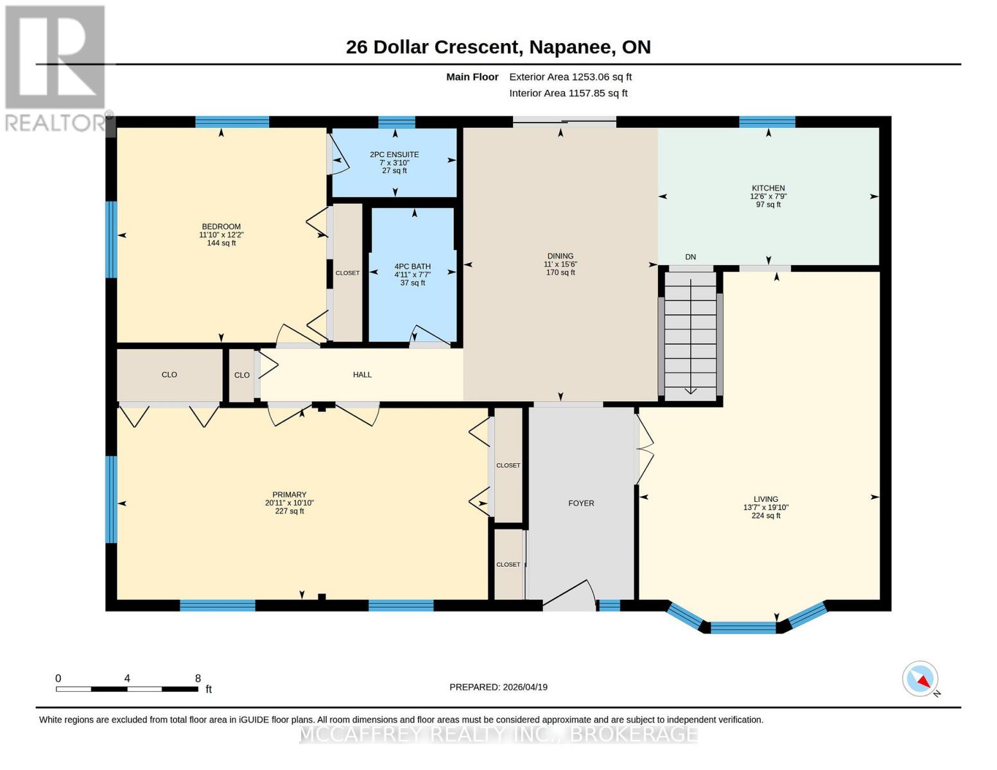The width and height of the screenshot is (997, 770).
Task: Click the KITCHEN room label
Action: pyautogui.click(x=768, y=188)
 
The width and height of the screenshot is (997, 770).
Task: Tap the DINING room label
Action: pyautogui.click(x=560, y=256)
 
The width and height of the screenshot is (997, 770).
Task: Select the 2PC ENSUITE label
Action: pyautogui.click(x=394, y=155)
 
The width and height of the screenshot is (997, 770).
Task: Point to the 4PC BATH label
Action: pyautogui.click(x=412, y=266)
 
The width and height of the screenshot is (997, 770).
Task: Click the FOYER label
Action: pyautogui.click(x=581, y=503)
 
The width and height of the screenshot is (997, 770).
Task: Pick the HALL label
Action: pyautogui.click(x=362, y=375)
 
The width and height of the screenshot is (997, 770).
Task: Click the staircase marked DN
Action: pyautogui.click(x=691, y=336)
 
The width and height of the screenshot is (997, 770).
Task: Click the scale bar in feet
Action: pyautogui.click(x=127, y=689)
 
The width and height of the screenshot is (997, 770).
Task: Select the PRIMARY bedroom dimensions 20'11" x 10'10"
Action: pyautogui.click(x=289, y=502)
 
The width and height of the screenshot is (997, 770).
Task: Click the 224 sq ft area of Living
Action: pyautogui.click(x=766, y=515)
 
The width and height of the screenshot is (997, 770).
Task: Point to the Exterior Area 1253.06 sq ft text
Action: pyautogui.click(x=570, y=77)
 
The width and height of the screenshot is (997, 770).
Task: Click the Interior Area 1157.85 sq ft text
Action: pyautogui.click(x=568, y=93)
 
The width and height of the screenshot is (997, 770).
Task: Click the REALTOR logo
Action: pyautogui.click(x=56, y=69)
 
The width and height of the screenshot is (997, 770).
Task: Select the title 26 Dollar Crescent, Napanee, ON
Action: pyautogui.click(x=498, y=47)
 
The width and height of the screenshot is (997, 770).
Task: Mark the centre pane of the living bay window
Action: pyautogui.click(x=743, y=628)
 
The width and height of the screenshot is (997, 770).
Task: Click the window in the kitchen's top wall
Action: pyautogui.click(x=767, y=122)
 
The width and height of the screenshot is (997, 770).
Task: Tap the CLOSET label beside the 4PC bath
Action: pyautogui.click(x=347, y=273)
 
